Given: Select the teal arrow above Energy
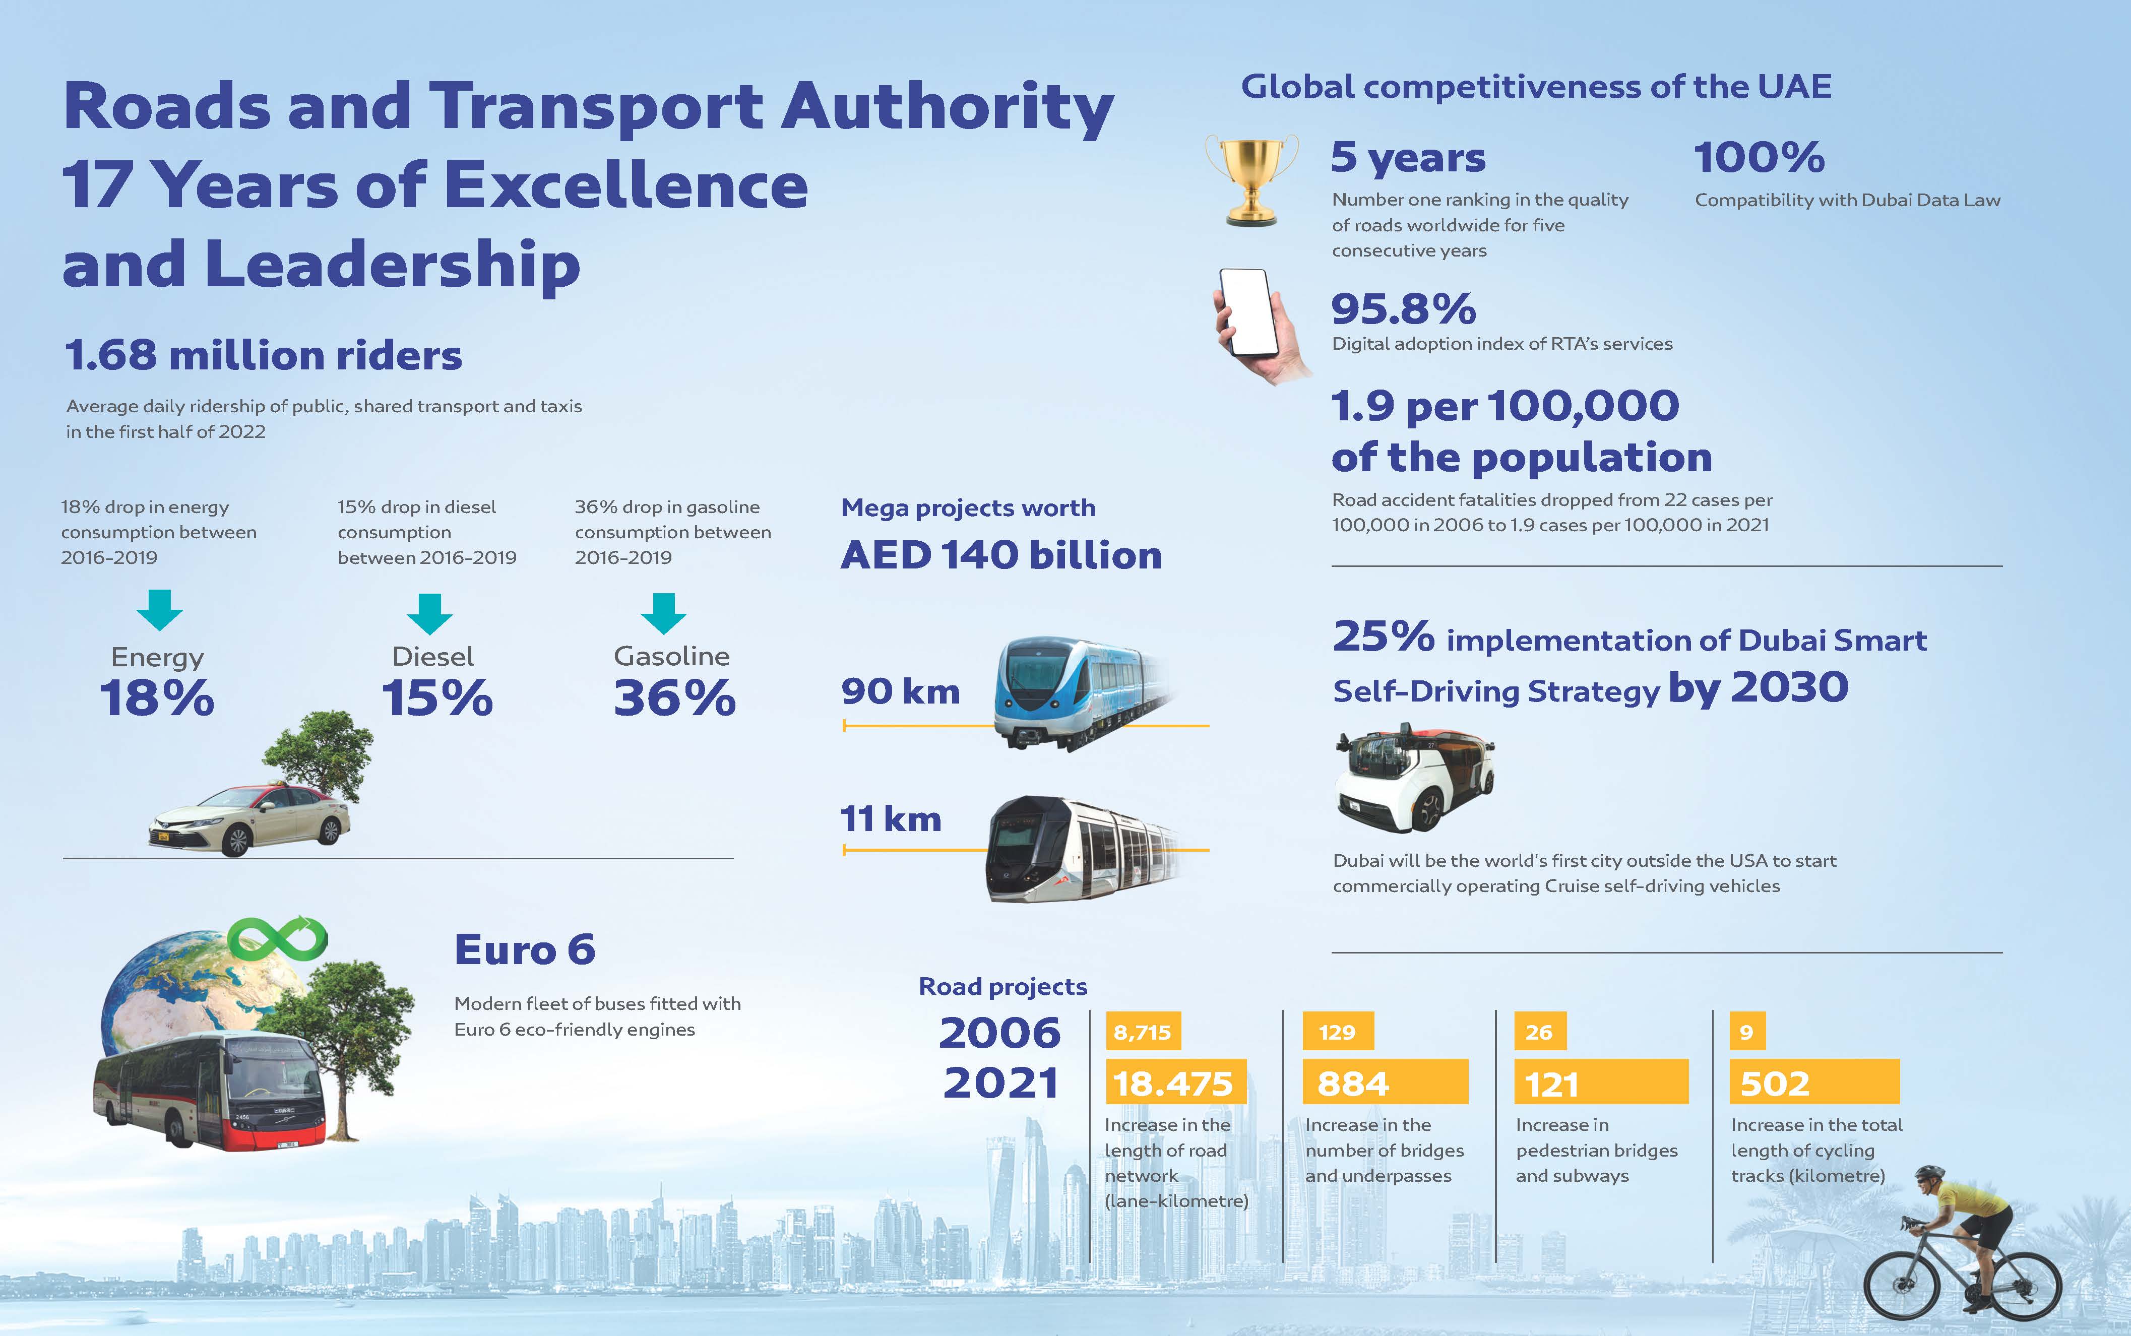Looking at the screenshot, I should click(x=160, y=609).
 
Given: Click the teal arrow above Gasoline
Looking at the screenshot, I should click(x=663, y=612).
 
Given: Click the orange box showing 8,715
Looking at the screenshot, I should click(x=1143, y=1031).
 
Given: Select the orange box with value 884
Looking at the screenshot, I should click(x=1385, y=1083).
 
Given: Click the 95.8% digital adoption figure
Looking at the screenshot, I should click(x=1403, y=309).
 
